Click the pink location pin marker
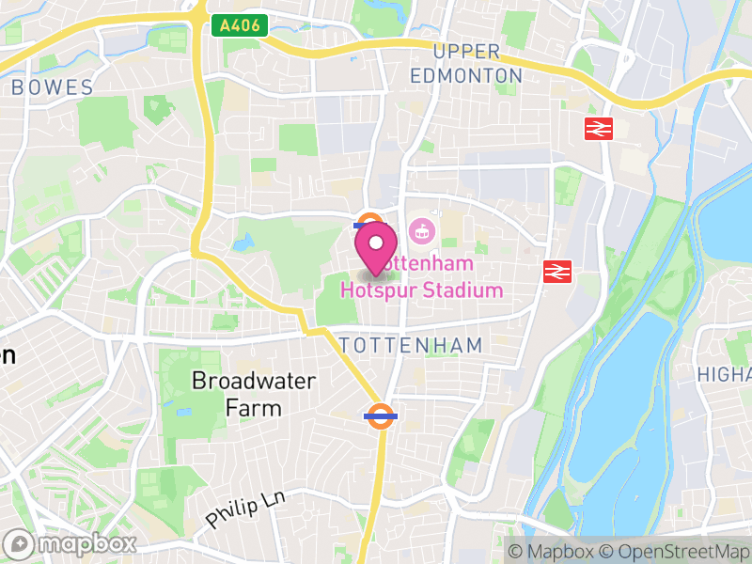[x=376, y=247]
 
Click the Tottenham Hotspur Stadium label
[x=422, y=278]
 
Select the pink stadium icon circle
[x=422, y=228]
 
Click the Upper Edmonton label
[x=467, y=64]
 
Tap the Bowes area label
[x=53, y=88]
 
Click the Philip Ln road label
[x=245, y=508]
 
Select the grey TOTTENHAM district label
[x=411, y=345]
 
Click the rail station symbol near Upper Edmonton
[x=599, y=129]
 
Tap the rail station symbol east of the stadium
[x=557, y=272]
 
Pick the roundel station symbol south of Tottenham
[x=381, y=415]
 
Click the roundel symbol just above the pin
[x=368, y=223]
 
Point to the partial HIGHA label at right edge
[x=724, y=374]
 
